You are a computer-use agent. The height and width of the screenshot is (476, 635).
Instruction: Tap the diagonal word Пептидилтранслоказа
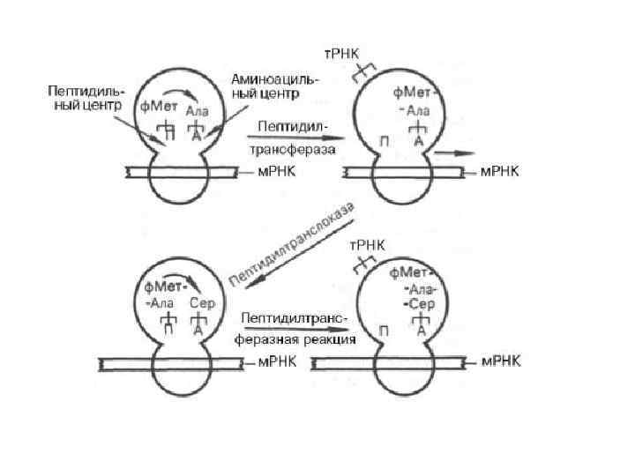(x=292, y=243)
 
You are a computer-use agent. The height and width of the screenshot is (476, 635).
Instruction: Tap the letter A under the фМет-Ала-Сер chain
(x=422, y=330)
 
